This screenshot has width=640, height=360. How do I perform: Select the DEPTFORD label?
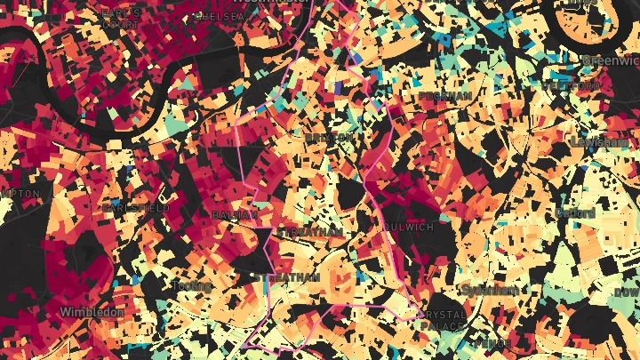pyautogui.click(x=571, y=86)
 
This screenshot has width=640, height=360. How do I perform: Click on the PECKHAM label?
pyautogui.click(x=444, y=95)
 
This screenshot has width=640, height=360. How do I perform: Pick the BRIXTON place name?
pyautogui.click(x=329, y=138)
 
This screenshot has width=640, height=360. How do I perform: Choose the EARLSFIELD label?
pyautogui.click(x=135, y=207)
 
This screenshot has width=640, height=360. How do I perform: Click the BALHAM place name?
pyautogui.click(x=236, y=215)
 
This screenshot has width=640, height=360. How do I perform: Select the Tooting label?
pyautogui.click(x=193, y=285)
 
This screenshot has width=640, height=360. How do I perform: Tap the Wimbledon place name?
pyautogui.click(x=92, y=312)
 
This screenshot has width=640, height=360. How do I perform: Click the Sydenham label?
pyautogui.click(x=490, y=290)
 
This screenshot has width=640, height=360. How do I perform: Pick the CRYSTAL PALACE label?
pyautogui.click(x=442, y=321)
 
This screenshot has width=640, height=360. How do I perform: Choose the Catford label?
pyautogui.click(x=577, y=213)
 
